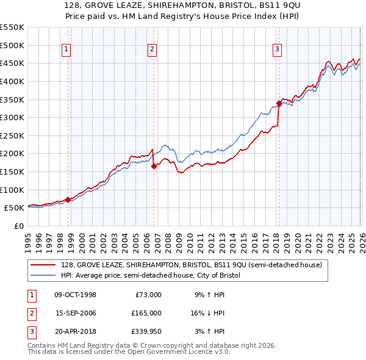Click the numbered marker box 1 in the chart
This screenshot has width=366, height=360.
(65, 50)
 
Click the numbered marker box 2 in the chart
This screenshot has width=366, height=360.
(152, 50)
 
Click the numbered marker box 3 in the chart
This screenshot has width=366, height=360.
(277, 50)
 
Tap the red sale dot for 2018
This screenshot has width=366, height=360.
(279, 103)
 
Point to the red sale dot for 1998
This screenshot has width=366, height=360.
(68, 199)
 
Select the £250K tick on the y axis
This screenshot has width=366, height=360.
(12, 135)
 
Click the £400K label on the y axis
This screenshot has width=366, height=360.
(12, 81)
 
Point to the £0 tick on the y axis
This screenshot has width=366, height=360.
(18, 226)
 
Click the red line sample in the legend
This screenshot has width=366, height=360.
(45, 265)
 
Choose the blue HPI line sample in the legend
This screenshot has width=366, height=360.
(45, 275)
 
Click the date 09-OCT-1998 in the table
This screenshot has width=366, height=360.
(75, 295)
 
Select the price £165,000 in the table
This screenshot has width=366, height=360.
(147, 313)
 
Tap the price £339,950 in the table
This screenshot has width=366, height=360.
(147, 331)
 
